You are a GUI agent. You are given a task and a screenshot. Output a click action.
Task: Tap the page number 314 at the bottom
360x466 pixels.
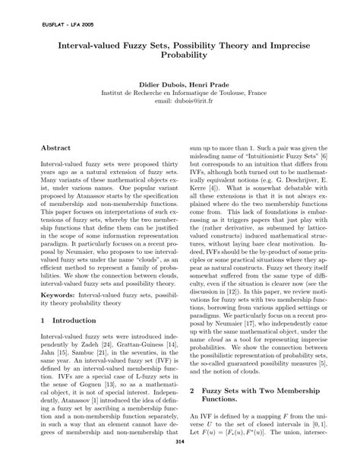(x=180, y=442)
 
